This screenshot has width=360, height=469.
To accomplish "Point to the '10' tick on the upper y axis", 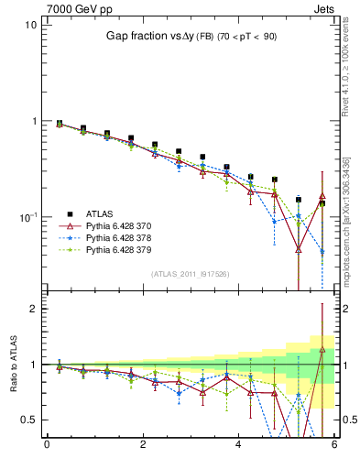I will [x=30, y=25].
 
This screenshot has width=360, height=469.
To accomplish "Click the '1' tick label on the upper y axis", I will [x=34, y=121].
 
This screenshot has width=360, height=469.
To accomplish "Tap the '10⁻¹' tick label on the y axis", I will [x=28, y=217].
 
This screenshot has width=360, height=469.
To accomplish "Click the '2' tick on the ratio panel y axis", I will [x=34, y=309].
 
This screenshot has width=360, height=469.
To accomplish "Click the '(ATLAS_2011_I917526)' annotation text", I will [x=191, y=273].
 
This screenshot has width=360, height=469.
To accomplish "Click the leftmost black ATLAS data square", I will [x=60, y=123].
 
